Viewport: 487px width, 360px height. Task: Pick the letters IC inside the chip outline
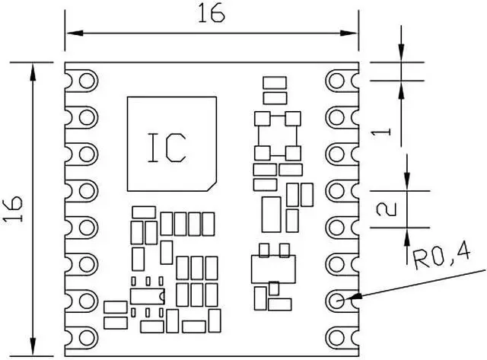click(x=167, y=147)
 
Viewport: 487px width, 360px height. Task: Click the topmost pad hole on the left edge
click(x=87, y=80)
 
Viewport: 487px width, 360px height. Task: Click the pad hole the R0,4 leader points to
click(x=339, y=299)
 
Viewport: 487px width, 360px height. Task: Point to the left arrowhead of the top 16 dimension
click(x=71, y=33)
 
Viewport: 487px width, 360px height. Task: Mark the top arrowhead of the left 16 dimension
click(x=33, y=69)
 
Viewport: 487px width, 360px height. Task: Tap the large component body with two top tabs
click(x=272, y=267)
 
